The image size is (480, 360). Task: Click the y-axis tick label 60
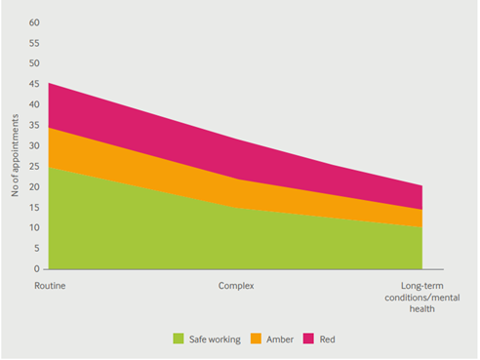click(x=34, y=21)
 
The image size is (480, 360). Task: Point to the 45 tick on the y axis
click(x=34, y=84)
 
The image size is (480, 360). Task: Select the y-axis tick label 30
click(x=34, y=145)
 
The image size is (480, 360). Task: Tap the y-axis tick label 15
click(x=34, y=207)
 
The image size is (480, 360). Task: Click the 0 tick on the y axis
click(x=37, y=268)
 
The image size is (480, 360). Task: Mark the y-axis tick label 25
click(x=34, y=166)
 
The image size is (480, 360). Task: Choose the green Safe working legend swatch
click(x=179, y=339)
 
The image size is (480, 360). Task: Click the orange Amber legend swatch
click(x=258, y=339)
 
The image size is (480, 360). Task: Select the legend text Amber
click(x=281, y=339)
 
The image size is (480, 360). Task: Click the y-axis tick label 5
click(x=37, y=248)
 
